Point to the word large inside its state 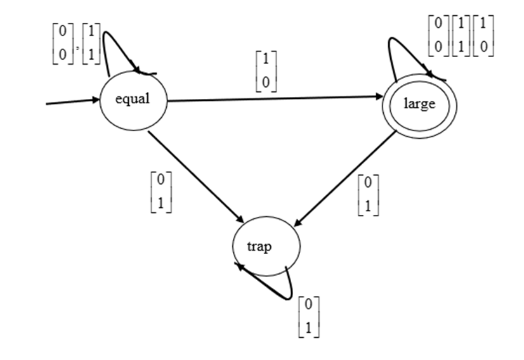pyautogui.click(x=419, y=104)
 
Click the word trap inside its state pyautogui.click(x=259, y=247)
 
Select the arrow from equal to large pyautogui.click(x=273, y=98)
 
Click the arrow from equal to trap pyautogui.click(x=197, y=176)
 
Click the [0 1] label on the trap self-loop pyautogui.click(x=308, y=316)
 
